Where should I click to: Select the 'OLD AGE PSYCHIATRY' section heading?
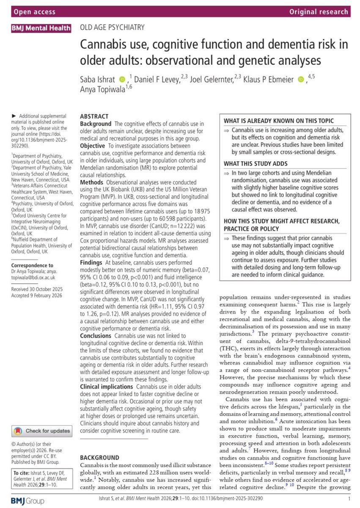click(x=113, y=28)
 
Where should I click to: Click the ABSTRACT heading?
click(x=94, y=116)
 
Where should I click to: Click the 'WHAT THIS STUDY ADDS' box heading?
click(x=260, y=163)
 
